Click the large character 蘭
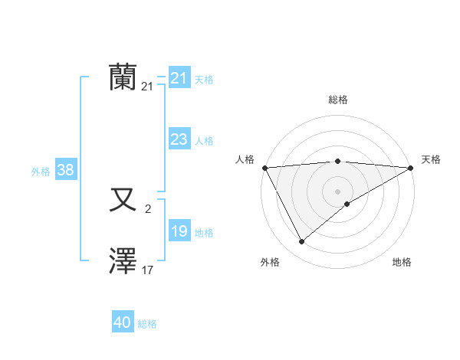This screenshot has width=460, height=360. click(123, 78)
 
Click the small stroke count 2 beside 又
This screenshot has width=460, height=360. click(148, 208)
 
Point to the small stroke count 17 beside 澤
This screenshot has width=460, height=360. click(147, 270)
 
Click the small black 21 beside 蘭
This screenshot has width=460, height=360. click(147, 87)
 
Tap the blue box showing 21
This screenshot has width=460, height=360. click(179, 78)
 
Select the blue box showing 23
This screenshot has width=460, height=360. click(179, 139)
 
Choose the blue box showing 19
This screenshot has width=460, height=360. click(179, 231)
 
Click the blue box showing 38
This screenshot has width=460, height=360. click(65, 170)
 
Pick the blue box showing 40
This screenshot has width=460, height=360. click(123, 322)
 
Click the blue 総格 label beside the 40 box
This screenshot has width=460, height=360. click(147, 324)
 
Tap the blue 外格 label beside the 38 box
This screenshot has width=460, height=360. click(41, 172)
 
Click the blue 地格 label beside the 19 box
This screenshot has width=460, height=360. click(204, 233)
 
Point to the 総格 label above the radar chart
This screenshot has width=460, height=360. click(337, 100)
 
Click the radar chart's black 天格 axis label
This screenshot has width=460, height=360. click(431, 159)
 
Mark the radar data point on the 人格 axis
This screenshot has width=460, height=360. click(264, 167)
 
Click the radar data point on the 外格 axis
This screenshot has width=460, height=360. click(301, 241)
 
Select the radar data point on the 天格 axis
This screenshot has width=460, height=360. click(410, 167)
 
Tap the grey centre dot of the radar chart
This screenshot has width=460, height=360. click(337, 191)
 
